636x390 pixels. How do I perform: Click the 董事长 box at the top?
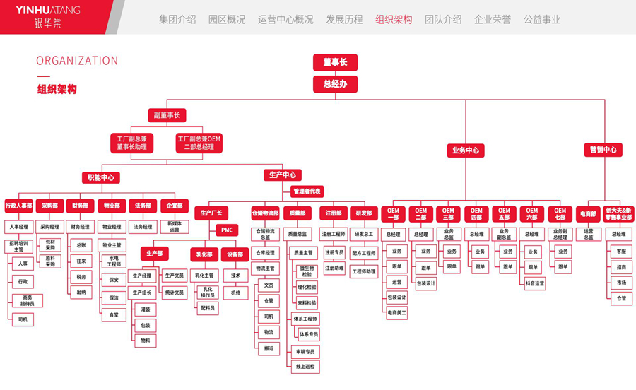pyautogui.click(x=335, y=62)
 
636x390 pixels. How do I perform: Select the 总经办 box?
pyautogui.click(x=335, y=84)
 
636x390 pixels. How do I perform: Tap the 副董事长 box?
pyautogui.click(x=166, y=114)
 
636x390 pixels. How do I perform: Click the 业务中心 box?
pyautogui.click(x=465, y=150)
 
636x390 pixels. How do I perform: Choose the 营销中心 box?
pyautogui.click(x=603, y=150)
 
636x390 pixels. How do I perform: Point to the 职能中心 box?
pyautogui.click(x=101, y=177)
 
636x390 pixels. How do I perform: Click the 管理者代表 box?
pyautogui.click(x=307, y=191)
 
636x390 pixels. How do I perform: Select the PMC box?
pyautogui.click(x=227, y=230)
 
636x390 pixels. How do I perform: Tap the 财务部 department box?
pyautogui.click(x=81, y=206)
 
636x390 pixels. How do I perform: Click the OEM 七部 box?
pyautogui.click(x=560, y=213)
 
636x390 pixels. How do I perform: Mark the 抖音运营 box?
pyautogui.click(x=535, y=283)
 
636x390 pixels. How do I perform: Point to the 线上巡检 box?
pyautogui.click(x=306, y=367)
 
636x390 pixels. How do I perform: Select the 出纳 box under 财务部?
pyautogui.click(x=81, y=292)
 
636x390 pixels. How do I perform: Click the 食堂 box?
pyautogui.click(x=113, y=315)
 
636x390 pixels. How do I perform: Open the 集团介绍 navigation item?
pyautogui.click(x=177, y=20)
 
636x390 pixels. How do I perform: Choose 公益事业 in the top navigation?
pyautogui.click(x=542, y=20)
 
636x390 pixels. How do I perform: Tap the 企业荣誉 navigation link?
pyautogui.click(x=493, y=20)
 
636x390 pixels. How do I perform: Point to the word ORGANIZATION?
pyautogui.click(x=77, y=61)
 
